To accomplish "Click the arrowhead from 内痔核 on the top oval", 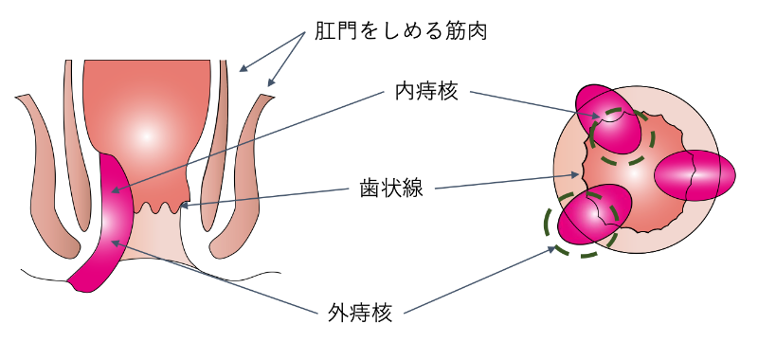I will click(596, 120).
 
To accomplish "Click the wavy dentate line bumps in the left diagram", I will click(156, 206).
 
